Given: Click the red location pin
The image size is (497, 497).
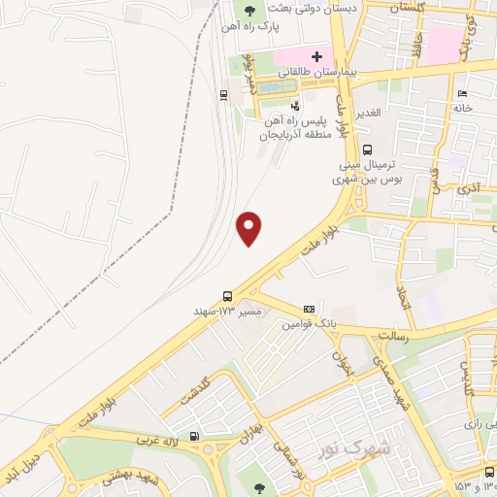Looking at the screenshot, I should (249, 228).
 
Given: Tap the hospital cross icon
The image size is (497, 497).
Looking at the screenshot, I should (315, 56).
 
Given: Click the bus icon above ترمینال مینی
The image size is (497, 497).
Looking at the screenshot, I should (367, 149).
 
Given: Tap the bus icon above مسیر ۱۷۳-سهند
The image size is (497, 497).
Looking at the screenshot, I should (227, 295).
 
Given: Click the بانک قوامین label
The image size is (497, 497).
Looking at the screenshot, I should (308, 323).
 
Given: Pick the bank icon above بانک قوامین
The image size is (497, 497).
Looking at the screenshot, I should (309, 308).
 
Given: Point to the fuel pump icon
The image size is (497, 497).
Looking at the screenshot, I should (195, 436).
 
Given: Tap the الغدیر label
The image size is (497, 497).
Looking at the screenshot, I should (372, 114).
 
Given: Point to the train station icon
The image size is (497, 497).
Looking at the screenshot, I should (224, 94).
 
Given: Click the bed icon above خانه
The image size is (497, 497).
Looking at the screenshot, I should (462, 93).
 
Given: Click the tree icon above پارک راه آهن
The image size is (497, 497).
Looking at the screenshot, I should (250, 12).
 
